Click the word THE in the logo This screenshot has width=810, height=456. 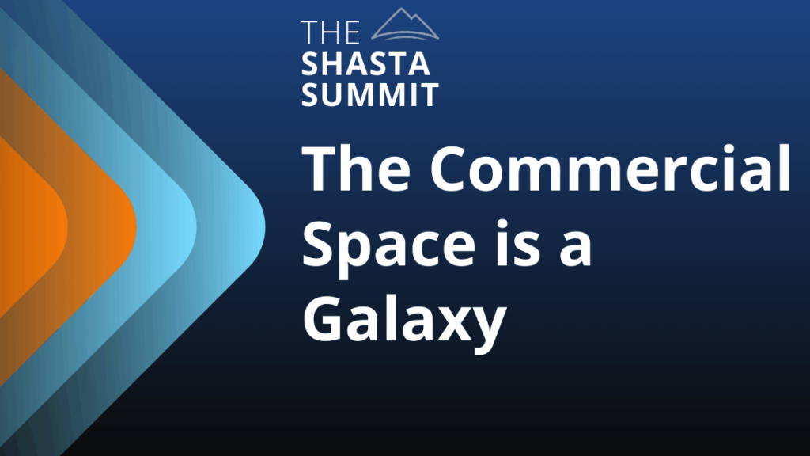330,32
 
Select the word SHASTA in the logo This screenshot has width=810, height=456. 365,64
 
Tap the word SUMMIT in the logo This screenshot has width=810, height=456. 370,94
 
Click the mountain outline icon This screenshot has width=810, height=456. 404,24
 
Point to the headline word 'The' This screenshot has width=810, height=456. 357,169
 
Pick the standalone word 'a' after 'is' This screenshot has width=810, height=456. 576,249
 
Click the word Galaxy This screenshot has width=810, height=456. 404,321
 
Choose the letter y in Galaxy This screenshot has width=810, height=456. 488,332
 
